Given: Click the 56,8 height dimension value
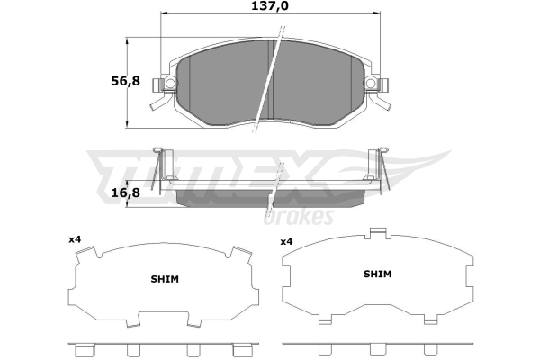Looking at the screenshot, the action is click(x=125, y=81).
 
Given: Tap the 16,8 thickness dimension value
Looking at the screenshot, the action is click(x=126, y=193).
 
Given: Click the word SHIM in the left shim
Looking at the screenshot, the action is click(x=165, y=279).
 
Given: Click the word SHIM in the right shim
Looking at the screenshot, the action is click(x=378, y=274).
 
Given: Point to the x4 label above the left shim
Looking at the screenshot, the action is click(x=75, y=239).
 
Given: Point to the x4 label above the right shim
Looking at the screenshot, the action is click(x=286, y=242).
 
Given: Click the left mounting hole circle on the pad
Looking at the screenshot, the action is click(x=170, y=83).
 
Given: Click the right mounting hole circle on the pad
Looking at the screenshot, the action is click(x=371, y=83).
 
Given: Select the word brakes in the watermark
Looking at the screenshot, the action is click(x=299, y=216).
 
